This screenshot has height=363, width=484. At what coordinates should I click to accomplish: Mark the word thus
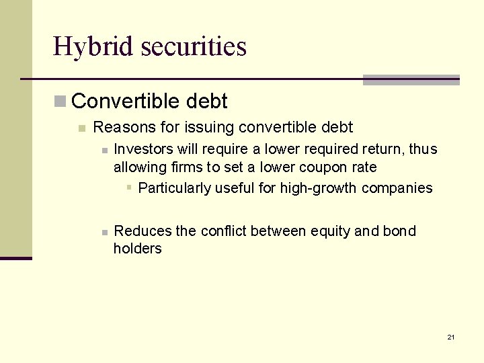pyautogui.click(x=423, y=149)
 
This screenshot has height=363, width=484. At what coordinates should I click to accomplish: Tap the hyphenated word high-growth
pyautogui.click(x=319, y=188)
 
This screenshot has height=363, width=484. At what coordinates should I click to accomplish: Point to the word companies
pyautogui.click(x=397, y=188)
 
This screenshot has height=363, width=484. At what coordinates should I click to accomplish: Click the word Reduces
pyautogui.click(x=143, y=231)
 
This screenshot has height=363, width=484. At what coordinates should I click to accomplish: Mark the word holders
pyautogui.click(x=137, y=249)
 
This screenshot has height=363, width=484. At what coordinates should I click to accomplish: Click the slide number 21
pyautogui.click(x=450, y=337)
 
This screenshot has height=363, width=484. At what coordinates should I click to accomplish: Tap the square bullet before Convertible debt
pyautogui.click(x=61, y=102)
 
